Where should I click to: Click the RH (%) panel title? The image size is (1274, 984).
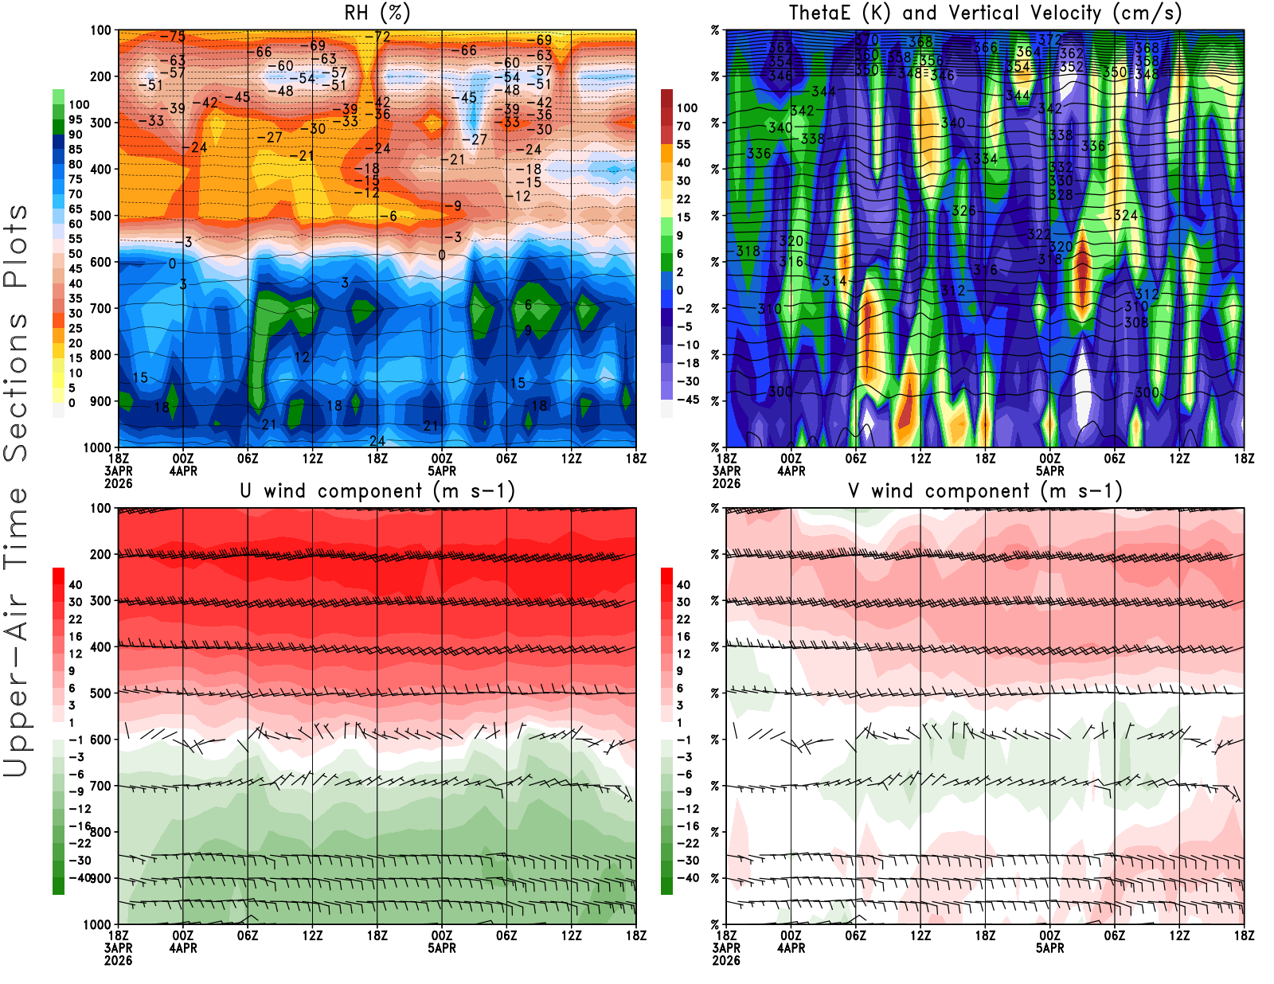click(377, 13)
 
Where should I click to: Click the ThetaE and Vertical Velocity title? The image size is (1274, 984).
click(985, 13)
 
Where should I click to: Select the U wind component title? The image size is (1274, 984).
click(377, 491)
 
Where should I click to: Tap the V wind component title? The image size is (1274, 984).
click(985, 491)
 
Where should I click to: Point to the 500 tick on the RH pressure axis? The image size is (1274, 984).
click(100, 215)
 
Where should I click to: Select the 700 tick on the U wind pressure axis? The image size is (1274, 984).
click(100, 786)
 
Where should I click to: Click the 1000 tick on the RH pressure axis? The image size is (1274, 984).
click(97, 447)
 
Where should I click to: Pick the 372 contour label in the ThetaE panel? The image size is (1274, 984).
click(1049, 40)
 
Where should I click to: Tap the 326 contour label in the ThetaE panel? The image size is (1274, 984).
click(963, 211)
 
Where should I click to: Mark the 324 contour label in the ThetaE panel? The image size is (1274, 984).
click(1125, 215)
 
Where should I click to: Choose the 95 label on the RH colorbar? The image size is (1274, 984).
click(75, 119)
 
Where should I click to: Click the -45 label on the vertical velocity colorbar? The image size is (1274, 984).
click(687, 400)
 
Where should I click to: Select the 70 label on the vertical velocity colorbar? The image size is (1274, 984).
click(683, 126)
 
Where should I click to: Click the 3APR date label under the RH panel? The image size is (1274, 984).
click(118, 471)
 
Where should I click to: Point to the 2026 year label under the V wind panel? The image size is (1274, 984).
click(726, 960)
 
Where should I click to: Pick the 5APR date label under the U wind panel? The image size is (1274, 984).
click(442, 948)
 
